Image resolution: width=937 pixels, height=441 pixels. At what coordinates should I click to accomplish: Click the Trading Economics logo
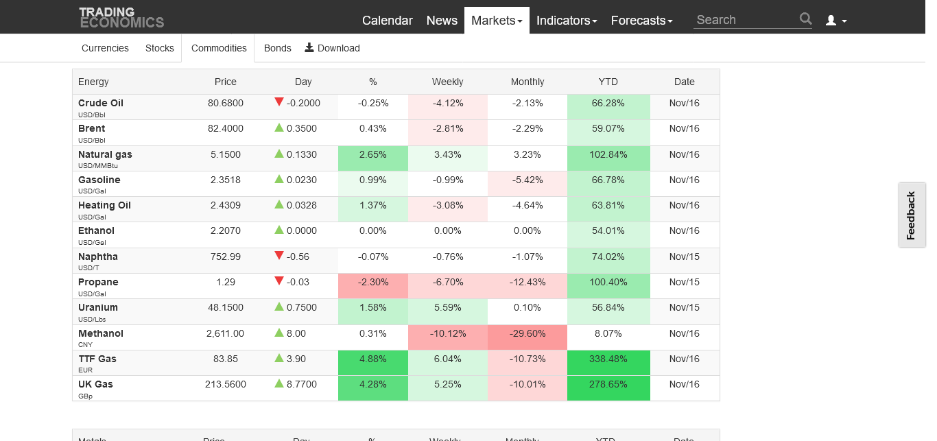pyautogui.click(x=121, y=17)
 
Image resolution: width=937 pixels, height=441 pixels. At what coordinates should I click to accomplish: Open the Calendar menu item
pyautogui.click(x=387, y=21)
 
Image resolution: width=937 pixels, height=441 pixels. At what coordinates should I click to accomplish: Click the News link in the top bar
pyautogui.click(x=442, y=21)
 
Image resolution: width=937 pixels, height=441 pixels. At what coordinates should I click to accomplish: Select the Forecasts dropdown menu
pyautogui.click(x=641, y=21)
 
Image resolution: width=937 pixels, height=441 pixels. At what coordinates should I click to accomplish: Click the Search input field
pyautogui.click(x=745, y=20)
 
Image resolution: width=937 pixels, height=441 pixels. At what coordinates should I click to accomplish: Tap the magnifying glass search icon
pyautogui.click(x=805, y=19)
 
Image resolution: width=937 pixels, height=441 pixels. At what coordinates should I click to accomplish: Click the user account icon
pyautogui.click(x=835, y=21)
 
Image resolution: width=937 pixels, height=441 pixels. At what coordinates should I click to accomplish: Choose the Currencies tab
pyautogui.click(x=105, y=48)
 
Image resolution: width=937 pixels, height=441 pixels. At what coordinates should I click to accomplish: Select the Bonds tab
pyautogui.click(x=277, y=48)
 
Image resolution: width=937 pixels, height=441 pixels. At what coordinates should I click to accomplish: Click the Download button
pyautogui.click(x=332, y=48)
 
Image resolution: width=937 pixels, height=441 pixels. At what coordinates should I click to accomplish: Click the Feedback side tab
pyautogui.click(x=911, y=215)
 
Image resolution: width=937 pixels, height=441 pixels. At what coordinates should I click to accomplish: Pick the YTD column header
pyautogui.click(x=608, y=82)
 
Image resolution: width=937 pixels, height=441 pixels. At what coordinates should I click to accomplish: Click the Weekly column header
pyautogui.click(x=447, y=82)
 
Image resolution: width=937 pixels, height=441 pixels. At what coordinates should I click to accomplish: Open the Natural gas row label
pyautogui.click(x=105, y=154)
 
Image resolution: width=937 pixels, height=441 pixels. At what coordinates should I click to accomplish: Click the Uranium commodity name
pyautogui.click(x=98, y=307)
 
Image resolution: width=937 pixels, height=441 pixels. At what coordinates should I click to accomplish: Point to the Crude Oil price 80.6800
pyautogui.click(x=225, y=103)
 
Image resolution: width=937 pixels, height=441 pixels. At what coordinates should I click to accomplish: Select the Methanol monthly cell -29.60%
pyautogui.click(x=527, y=333)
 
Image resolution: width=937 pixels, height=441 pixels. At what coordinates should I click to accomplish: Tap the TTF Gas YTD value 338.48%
pyautogui.click(x=608, y=359)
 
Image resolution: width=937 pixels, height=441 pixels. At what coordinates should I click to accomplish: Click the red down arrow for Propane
pyautogui.click(x=278, y=281)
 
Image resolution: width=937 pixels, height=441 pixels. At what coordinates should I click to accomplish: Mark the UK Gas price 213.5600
pyautogui.click(x=225, y=384)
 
